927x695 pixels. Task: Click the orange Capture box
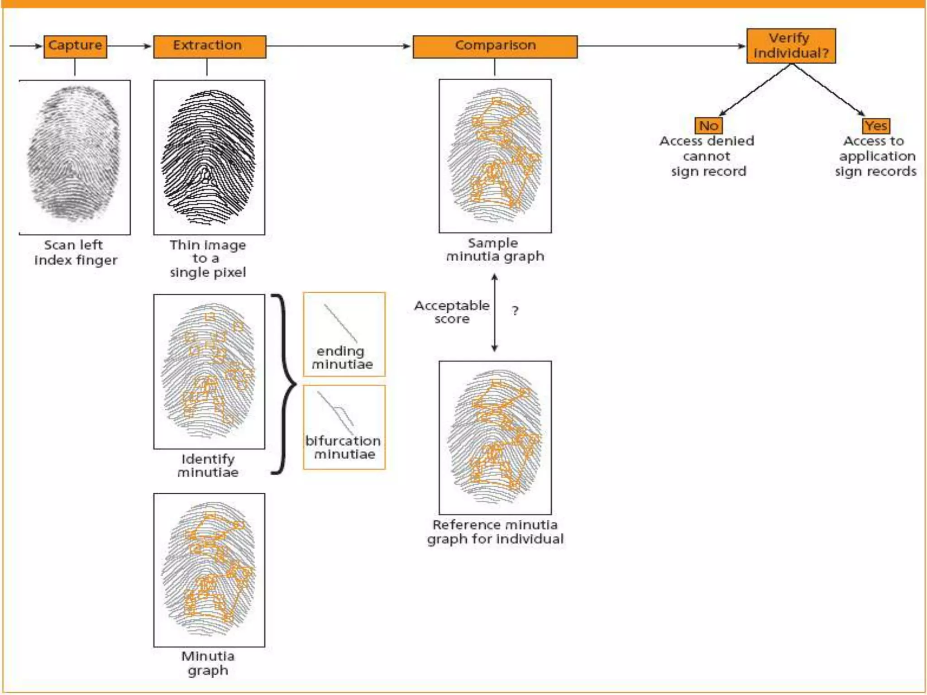coord(75,46)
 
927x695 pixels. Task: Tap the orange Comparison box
coord(495,46)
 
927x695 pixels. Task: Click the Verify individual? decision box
coord(791,46)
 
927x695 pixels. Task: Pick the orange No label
coord(708,125)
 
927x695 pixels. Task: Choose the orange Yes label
coord(876,125)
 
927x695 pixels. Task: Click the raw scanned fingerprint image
coord(75,157)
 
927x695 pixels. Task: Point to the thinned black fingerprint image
coord(209,157)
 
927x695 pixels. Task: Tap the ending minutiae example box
coord(344,334)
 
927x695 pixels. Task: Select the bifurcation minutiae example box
coord(344,427)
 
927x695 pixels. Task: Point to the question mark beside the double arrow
coord(515,311)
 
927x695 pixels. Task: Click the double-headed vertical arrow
coord(495,312)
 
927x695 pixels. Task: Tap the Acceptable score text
coord(452,312)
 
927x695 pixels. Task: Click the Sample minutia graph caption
coord(495,250)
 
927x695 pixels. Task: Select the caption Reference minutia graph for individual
coord(495,532)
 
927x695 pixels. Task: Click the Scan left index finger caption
coord(75,252)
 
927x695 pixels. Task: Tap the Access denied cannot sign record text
coord(707,156)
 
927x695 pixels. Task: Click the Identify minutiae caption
coord(208,466)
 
